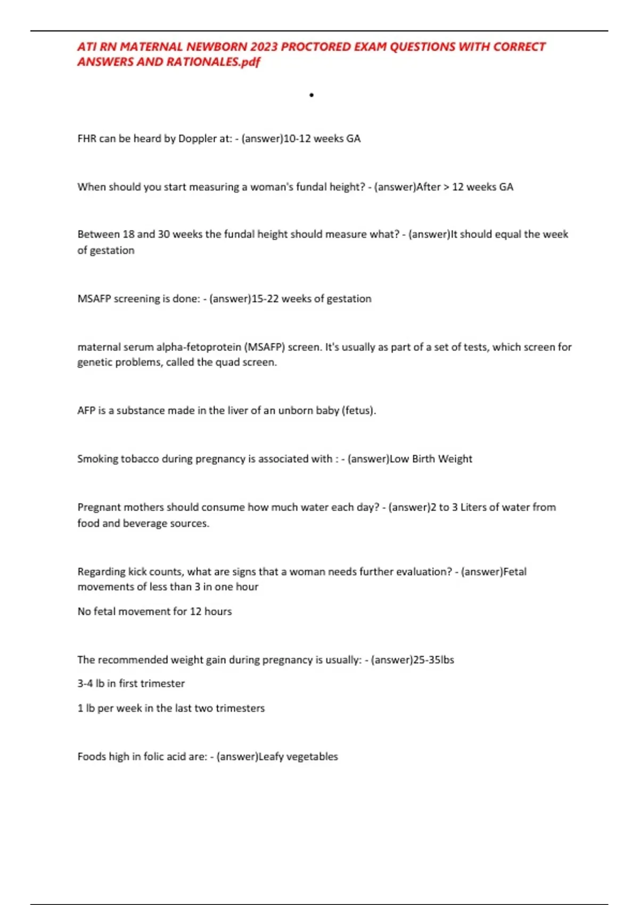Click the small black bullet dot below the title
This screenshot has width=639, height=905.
(312, 95)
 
